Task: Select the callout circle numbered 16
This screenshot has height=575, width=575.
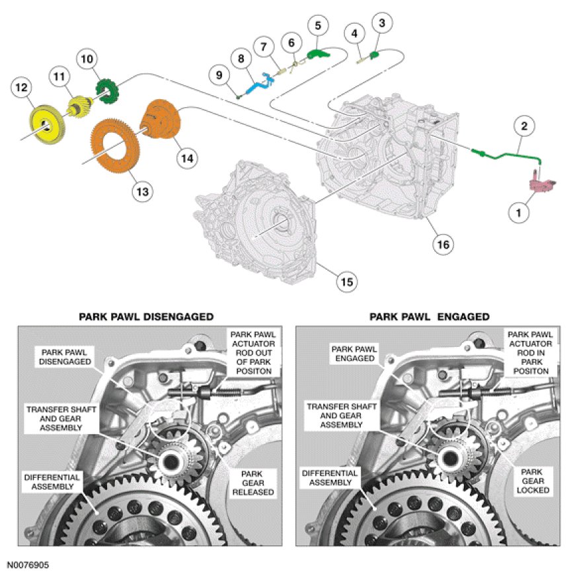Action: click(442, 244)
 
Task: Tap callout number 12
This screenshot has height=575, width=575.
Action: click(22, 87)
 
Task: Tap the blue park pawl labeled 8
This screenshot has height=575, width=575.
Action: click(259, 85)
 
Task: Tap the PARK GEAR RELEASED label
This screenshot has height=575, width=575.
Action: click(257, 482)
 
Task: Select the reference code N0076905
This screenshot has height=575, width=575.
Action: click(28, 566)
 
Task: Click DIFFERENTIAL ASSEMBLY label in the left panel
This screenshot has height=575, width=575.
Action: click(52, 481)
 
